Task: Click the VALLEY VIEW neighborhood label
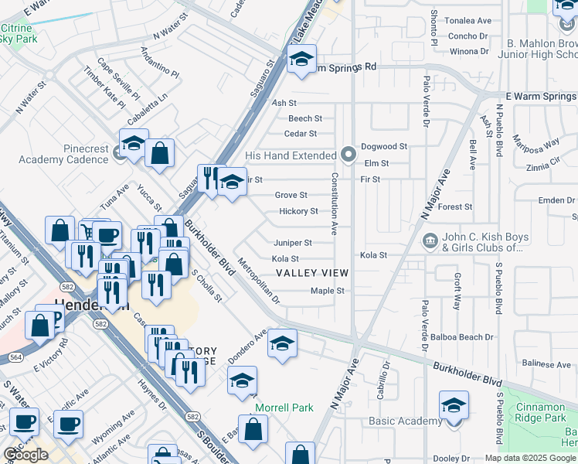pos(312,273)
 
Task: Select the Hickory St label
pos(298,211)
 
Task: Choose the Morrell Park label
pos(284,407)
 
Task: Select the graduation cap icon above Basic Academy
pos(454,405)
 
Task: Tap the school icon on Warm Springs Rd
pos(301,59)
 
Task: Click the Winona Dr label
pos(470,51)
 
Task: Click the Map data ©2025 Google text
pos(530,458)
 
